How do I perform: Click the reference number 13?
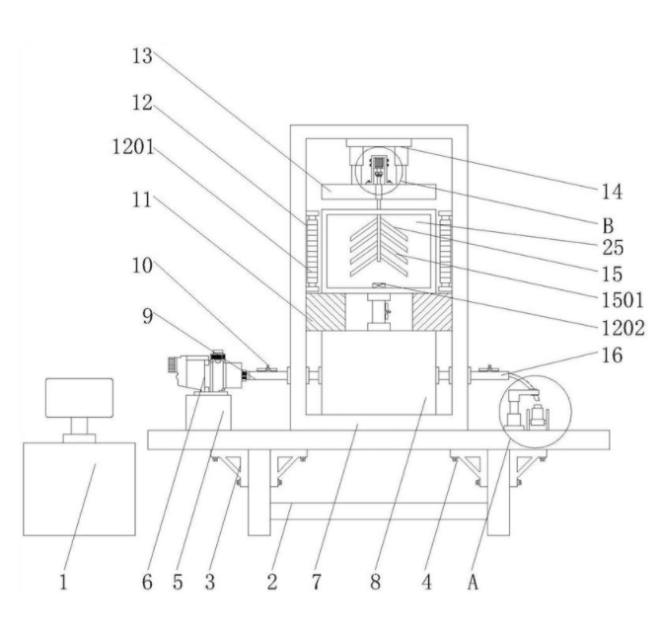[145, 56]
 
